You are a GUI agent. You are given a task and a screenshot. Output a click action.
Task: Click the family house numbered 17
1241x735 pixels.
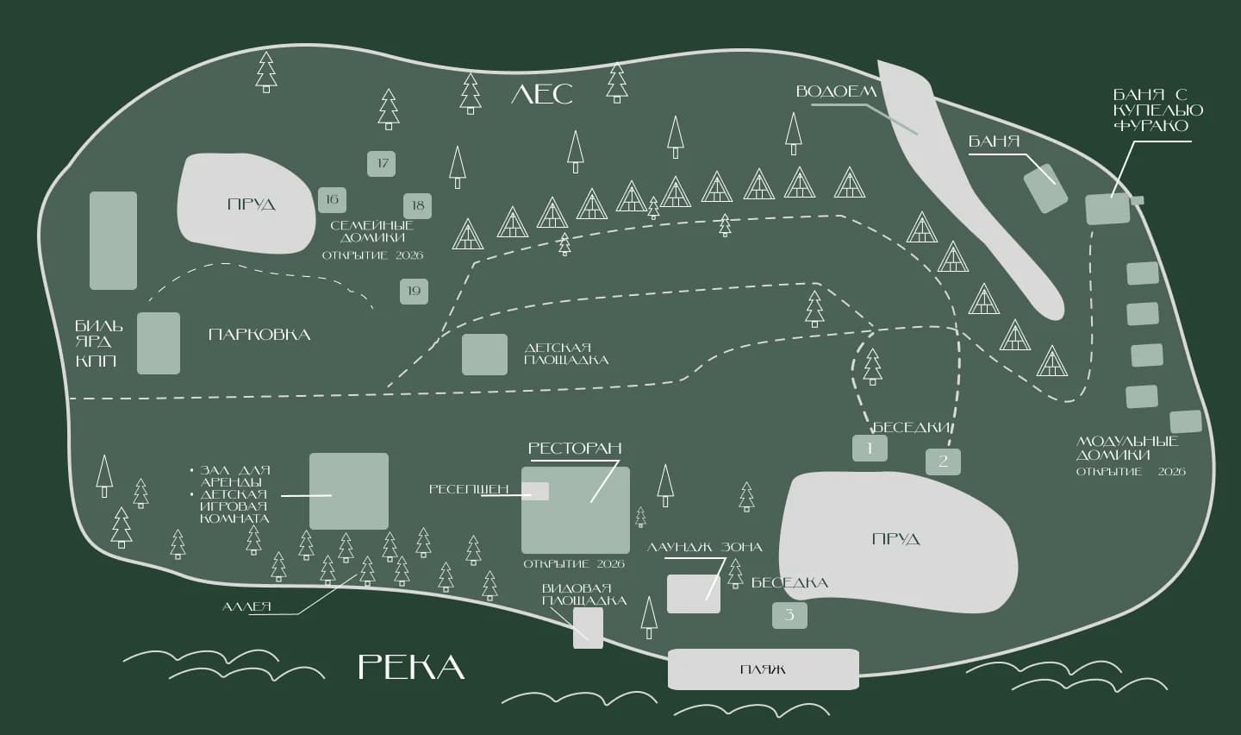pyautogui.click(x=381, y=164)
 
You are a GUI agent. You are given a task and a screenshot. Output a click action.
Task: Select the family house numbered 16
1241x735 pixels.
pyautogui.click(x=332, y=199)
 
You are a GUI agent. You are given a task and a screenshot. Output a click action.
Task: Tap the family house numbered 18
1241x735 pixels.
pyautogui.click(x=417, y=206)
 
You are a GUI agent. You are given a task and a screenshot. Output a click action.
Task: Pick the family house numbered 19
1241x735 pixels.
pyautogui.click(x=414, y=292)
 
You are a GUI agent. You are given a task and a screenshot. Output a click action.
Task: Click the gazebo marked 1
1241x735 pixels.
pyautogui.click(x=870, y=448)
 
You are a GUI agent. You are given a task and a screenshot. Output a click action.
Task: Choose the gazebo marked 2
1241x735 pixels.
pyautogui.click(x=943, y=461)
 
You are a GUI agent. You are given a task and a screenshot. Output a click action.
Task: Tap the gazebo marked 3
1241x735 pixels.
pyautogui.click(x=789, y=614)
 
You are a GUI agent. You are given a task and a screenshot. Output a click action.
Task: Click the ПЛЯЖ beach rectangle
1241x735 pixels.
pyautogui.click(x=763, y=669)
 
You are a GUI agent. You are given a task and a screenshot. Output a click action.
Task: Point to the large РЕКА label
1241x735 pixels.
pyautogui.click(x=410, y=667)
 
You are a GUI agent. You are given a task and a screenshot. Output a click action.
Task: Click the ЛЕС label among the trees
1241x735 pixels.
pyautogui.click(x=542, y=94)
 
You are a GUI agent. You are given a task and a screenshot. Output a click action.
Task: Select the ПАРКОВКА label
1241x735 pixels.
pyautogui.click(x=259, y=335)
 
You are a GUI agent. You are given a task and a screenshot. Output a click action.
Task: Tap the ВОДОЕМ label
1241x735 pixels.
pyautogui.click(x=837, y=91)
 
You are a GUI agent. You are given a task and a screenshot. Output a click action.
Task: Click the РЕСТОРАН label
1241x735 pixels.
pyautogui.click(x=575, y=449)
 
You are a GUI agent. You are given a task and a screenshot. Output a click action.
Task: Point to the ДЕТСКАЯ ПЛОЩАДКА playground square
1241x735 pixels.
pyautogui.click(x=484, y=355)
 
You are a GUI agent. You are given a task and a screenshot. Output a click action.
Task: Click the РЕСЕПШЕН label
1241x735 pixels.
pyautogui.click(x=469, y=489)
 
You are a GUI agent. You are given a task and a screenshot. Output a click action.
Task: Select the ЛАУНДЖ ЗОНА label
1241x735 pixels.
pyautogui.click(x=704, y=548)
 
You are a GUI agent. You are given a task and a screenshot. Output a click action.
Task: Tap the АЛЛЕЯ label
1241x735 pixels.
pyautogui.click(x=246, y=607)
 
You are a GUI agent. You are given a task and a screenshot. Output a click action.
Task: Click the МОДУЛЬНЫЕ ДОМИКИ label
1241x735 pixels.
pyautogui.click(x=1127, y=449)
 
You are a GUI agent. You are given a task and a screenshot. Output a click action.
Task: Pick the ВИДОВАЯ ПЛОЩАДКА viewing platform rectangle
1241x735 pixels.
pyautogui.click(x=588, y=627)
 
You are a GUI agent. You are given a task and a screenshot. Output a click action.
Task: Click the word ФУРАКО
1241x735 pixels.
pyautogui.click(x=1151, y=126)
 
